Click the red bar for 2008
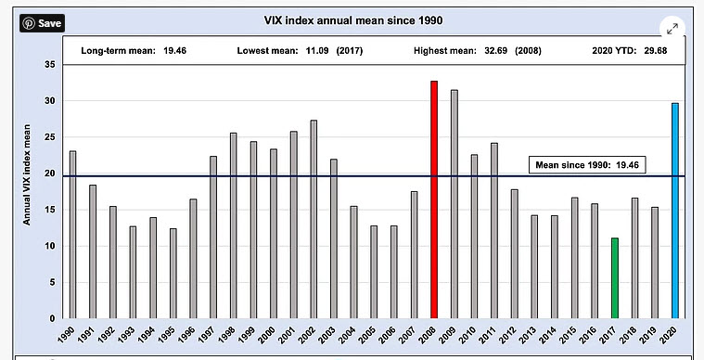(x=433, y=199)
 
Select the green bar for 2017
(x=615, y=278)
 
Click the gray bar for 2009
(x=454, y=204)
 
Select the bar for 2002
(x=314, y=219)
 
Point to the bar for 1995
(x=173, y=273)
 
